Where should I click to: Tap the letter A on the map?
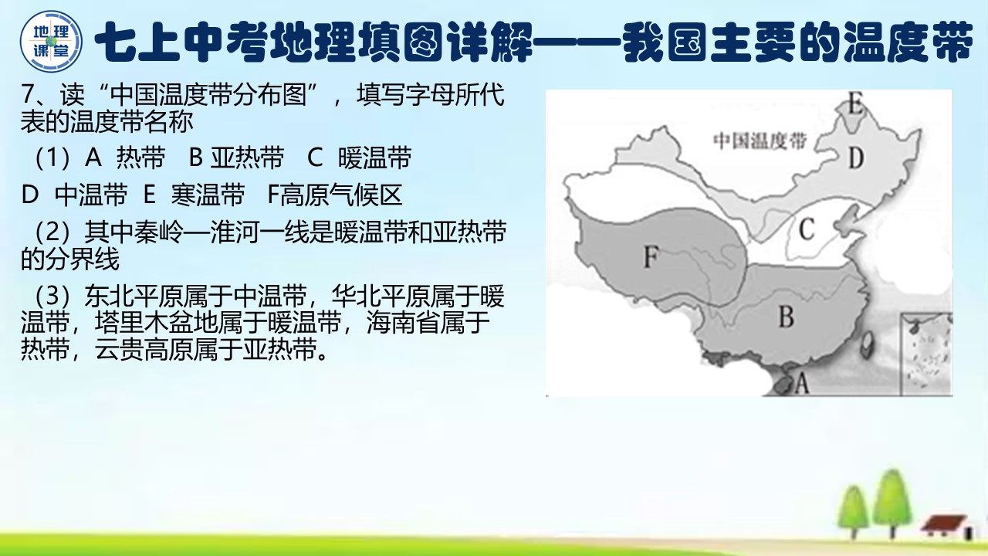(801, 382)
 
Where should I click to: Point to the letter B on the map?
(786, 317)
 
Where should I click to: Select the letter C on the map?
(807, 229)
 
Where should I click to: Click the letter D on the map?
(855, 159)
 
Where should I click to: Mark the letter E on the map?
(854, 103)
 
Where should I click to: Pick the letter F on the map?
(651, 257)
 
